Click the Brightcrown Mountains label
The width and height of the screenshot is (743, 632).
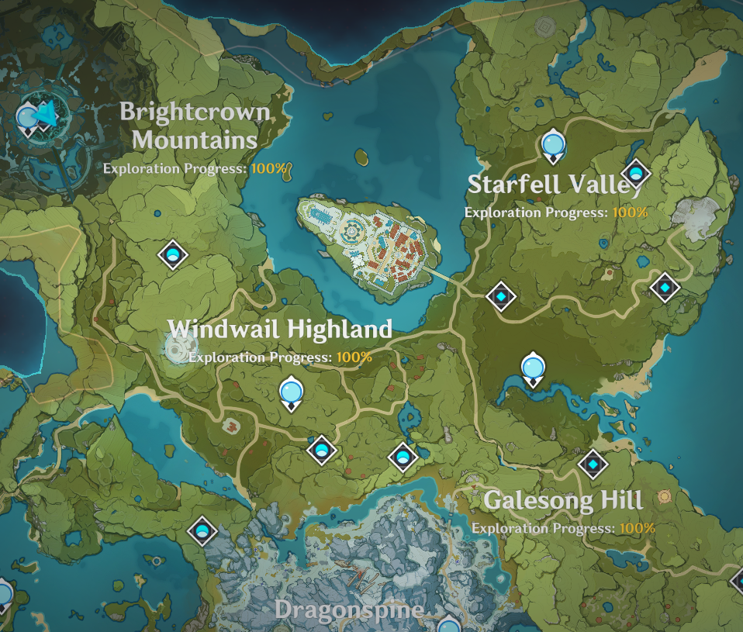click(x=195, y=126)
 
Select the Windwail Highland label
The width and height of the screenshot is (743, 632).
click(x=280, y=329)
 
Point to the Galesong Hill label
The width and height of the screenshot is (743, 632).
click(x=563, y=500)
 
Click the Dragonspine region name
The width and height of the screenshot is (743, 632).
click(x=349, y=610)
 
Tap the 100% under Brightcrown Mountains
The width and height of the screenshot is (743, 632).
click(x=268, y=167)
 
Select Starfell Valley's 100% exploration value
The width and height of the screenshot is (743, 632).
click(x=629, y=211)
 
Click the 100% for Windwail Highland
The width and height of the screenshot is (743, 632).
click(x=354, y=357)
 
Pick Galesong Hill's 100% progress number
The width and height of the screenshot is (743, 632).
click(x=638, y=528)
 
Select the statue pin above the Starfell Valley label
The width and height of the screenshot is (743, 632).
click(x=552, y=144)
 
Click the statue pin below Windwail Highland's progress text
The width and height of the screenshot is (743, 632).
click(x=291, y=391)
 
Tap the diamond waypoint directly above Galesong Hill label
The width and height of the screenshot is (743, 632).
click(x=593, y=465)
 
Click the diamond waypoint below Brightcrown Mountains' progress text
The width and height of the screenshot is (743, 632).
click(x=172, y=254)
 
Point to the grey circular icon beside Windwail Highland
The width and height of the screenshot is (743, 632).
click(x=178, y=348)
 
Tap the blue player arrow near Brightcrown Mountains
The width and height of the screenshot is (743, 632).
click(x=47, y=115)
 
